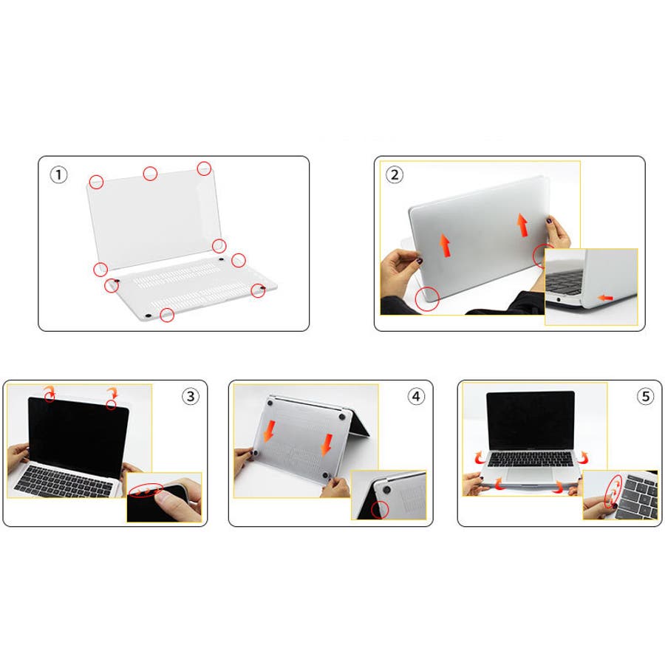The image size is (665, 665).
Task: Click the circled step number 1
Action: point(58,174)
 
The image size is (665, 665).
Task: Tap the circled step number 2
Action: point(395,174)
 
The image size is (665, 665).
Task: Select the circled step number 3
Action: point(191,397)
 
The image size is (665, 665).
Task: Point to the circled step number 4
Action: point(416,397)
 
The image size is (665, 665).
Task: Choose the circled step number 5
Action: point(646,397)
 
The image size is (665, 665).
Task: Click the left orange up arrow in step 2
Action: point(445,245)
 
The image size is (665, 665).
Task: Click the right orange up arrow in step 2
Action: point(523,225)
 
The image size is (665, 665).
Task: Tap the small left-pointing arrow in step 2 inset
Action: point(605,298)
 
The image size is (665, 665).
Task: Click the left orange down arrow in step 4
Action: point(269,431)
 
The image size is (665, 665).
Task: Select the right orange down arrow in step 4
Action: point(326,445)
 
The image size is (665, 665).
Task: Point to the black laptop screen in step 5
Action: point(530,420)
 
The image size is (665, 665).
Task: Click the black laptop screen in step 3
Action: point(78,437)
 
